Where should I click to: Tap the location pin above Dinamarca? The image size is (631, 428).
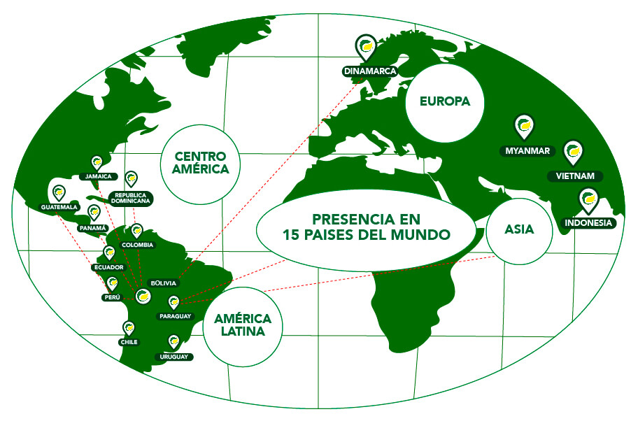click(x=365, y=47)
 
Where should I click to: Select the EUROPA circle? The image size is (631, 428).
click(x=444, y=101)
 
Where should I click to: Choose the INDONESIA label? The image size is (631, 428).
click(x=588, y=223)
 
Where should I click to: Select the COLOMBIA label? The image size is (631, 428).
click(x=138, y=245)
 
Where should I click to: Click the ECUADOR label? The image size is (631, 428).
click(x=108, y=267)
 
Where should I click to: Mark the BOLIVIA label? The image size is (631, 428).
click(x=164, y=283)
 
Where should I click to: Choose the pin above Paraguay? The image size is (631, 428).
click(x=174, y=302)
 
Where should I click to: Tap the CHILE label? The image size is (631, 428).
click(x=129, y=342)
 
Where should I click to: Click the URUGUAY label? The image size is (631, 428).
click(x=175, y=356)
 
